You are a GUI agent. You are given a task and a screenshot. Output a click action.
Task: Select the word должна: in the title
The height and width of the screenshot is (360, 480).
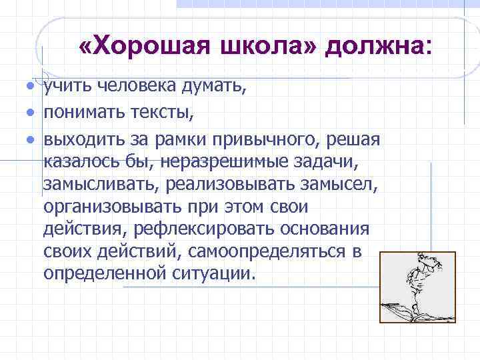[379, 47]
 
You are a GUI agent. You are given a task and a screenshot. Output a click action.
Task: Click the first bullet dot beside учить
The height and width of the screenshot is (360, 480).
[30, 86]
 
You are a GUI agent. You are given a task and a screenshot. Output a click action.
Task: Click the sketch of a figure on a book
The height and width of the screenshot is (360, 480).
[417, 287]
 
